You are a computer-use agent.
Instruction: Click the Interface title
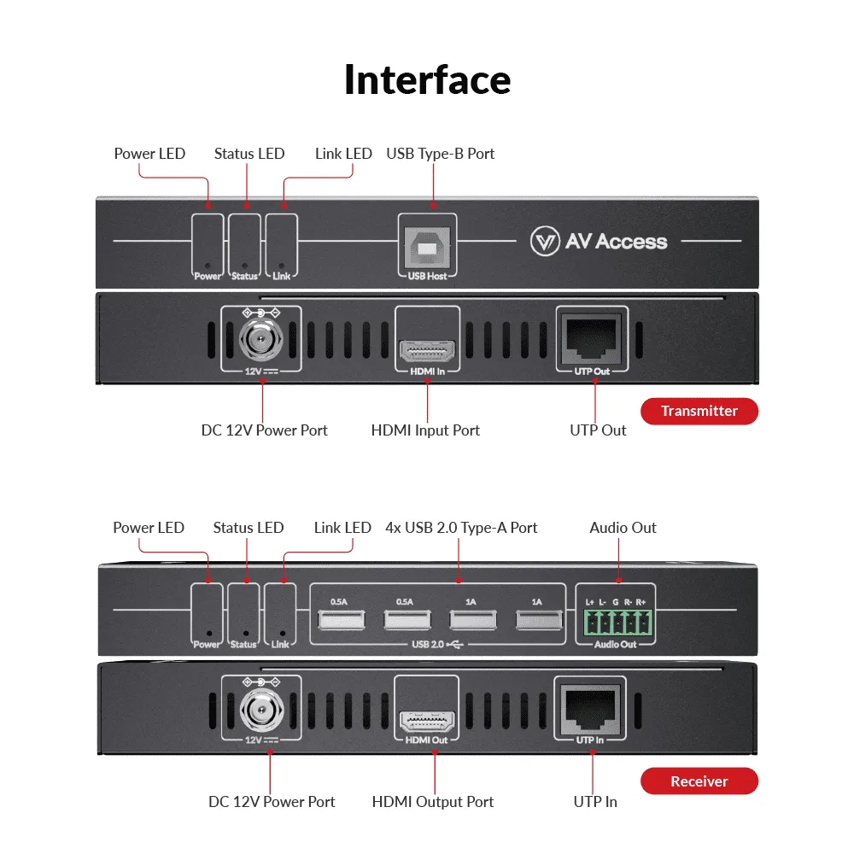coord(427,79)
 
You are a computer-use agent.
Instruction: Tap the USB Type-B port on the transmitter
coord(427,248)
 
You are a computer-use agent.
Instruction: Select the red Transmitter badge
coord(699,411)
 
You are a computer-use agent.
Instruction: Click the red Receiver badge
coord(699,781)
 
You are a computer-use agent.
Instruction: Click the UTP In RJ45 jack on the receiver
coord(590,708)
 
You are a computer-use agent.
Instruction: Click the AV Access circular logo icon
coord(544,242)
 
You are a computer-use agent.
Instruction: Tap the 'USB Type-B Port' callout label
coord(440,154)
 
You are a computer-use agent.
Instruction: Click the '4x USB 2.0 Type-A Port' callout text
coord(461,528)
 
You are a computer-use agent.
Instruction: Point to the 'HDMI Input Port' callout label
coord(425,430)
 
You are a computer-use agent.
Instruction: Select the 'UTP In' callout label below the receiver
coord(595,802)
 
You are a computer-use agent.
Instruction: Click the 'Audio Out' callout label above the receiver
coord(623,528)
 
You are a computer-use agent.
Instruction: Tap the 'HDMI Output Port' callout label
coord(433,802)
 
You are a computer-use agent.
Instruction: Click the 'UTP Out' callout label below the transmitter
coord(598,430)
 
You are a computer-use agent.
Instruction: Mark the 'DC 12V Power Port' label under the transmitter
coord(264,430)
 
